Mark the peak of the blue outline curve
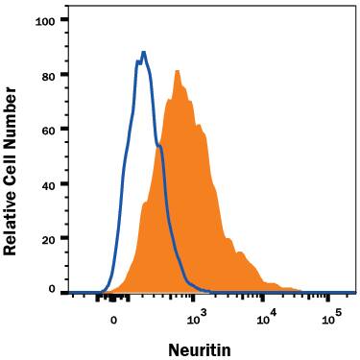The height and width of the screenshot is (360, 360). pyautogui.click(x=143, y=53)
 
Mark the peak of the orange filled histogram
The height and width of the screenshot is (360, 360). pyautogui.click(x=178, y=70)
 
